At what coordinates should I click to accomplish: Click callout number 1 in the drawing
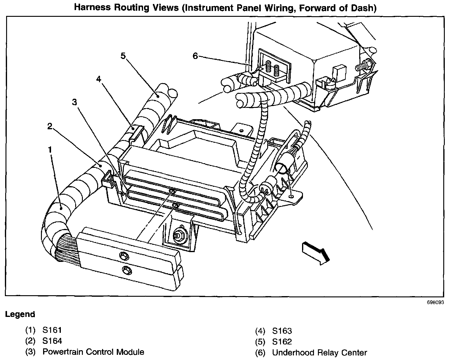coord(50,149)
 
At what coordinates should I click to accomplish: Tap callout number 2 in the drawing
coord(50,126)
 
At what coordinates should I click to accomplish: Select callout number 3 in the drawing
coord(75,102)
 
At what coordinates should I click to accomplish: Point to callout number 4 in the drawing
coord(98,79)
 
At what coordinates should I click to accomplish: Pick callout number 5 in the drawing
coord(123,56)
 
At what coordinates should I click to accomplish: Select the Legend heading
coord(20,314)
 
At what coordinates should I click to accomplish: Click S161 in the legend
coord(52,330)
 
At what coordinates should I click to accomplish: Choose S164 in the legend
coord(52,341)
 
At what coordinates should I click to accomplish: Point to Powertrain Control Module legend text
coord(93,352)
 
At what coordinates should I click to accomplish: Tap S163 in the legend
coord(282,331)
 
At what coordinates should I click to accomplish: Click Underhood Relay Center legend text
coord(319,353)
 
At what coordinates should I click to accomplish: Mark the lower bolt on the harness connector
coord(125,270)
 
